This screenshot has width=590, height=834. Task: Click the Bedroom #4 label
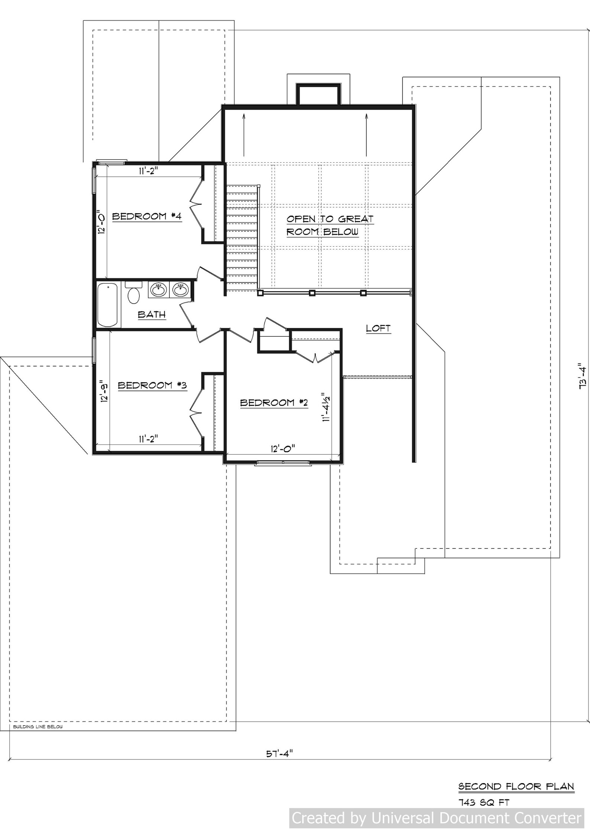tap(147, 216)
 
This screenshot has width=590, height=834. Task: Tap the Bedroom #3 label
tap(152, 385)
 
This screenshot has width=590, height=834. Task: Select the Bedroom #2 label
tap(274, 403)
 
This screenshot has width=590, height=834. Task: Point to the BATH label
tap(152, 315)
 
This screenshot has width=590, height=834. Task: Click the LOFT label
tap(378, 328)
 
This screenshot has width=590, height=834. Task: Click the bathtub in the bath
tap(108, 304)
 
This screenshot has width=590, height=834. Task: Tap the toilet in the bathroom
tap(133, 293)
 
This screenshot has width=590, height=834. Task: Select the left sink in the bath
tap(159, 290)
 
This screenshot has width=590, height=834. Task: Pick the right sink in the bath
tap(181, 290)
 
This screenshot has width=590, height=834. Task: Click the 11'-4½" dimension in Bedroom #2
tap(327, 407)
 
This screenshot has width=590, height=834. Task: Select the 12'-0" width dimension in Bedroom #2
tap(282, 449)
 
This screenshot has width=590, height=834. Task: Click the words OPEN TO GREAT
tap(330, 219)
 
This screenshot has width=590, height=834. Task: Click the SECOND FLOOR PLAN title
tap(516, 786)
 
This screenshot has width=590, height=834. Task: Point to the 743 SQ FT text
tap(483, 802)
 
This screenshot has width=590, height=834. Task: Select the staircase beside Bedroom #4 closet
tap(242, 238)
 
